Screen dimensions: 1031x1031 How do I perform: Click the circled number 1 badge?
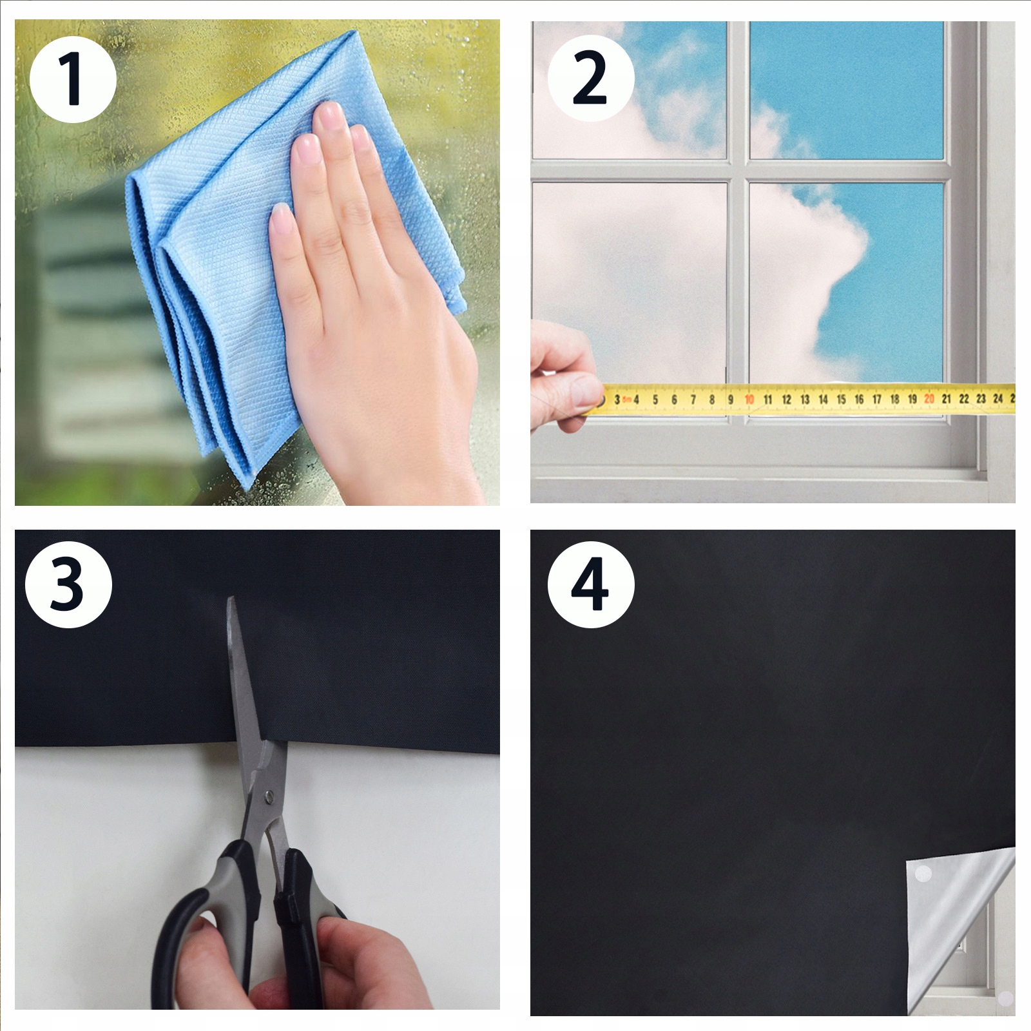pyautogui.click(x=73, y=79)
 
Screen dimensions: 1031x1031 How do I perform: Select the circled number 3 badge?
pyautogui.click(x=68, y=584)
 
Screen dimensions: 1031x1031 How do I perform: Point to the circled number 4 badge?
pyautogui.click(x=591, y=584)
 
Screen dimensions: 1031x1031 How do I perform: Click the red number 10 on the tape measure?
pyautogui.click(x=749, y=400)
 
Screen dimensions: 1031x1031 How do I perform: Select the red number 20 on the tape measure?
pyautogui.click(x=929, y=399)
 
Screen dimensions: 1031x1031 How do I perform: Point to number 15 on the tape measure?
pyautogui.click(x=841, y=400)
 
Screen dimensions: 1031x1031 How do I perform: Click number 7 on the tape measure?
pyautogui.click(x=693, y=400)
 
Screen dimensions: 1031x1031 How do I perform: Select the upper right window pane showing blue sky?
pyautogui.click(x=847, y=90)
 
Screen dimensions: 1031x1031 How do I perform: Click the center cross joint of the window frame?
pyautogui.click(x=738, y=170)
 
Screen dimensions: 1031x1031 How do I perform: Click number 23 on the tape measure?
pyautogui.click(x=981, y=399)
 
